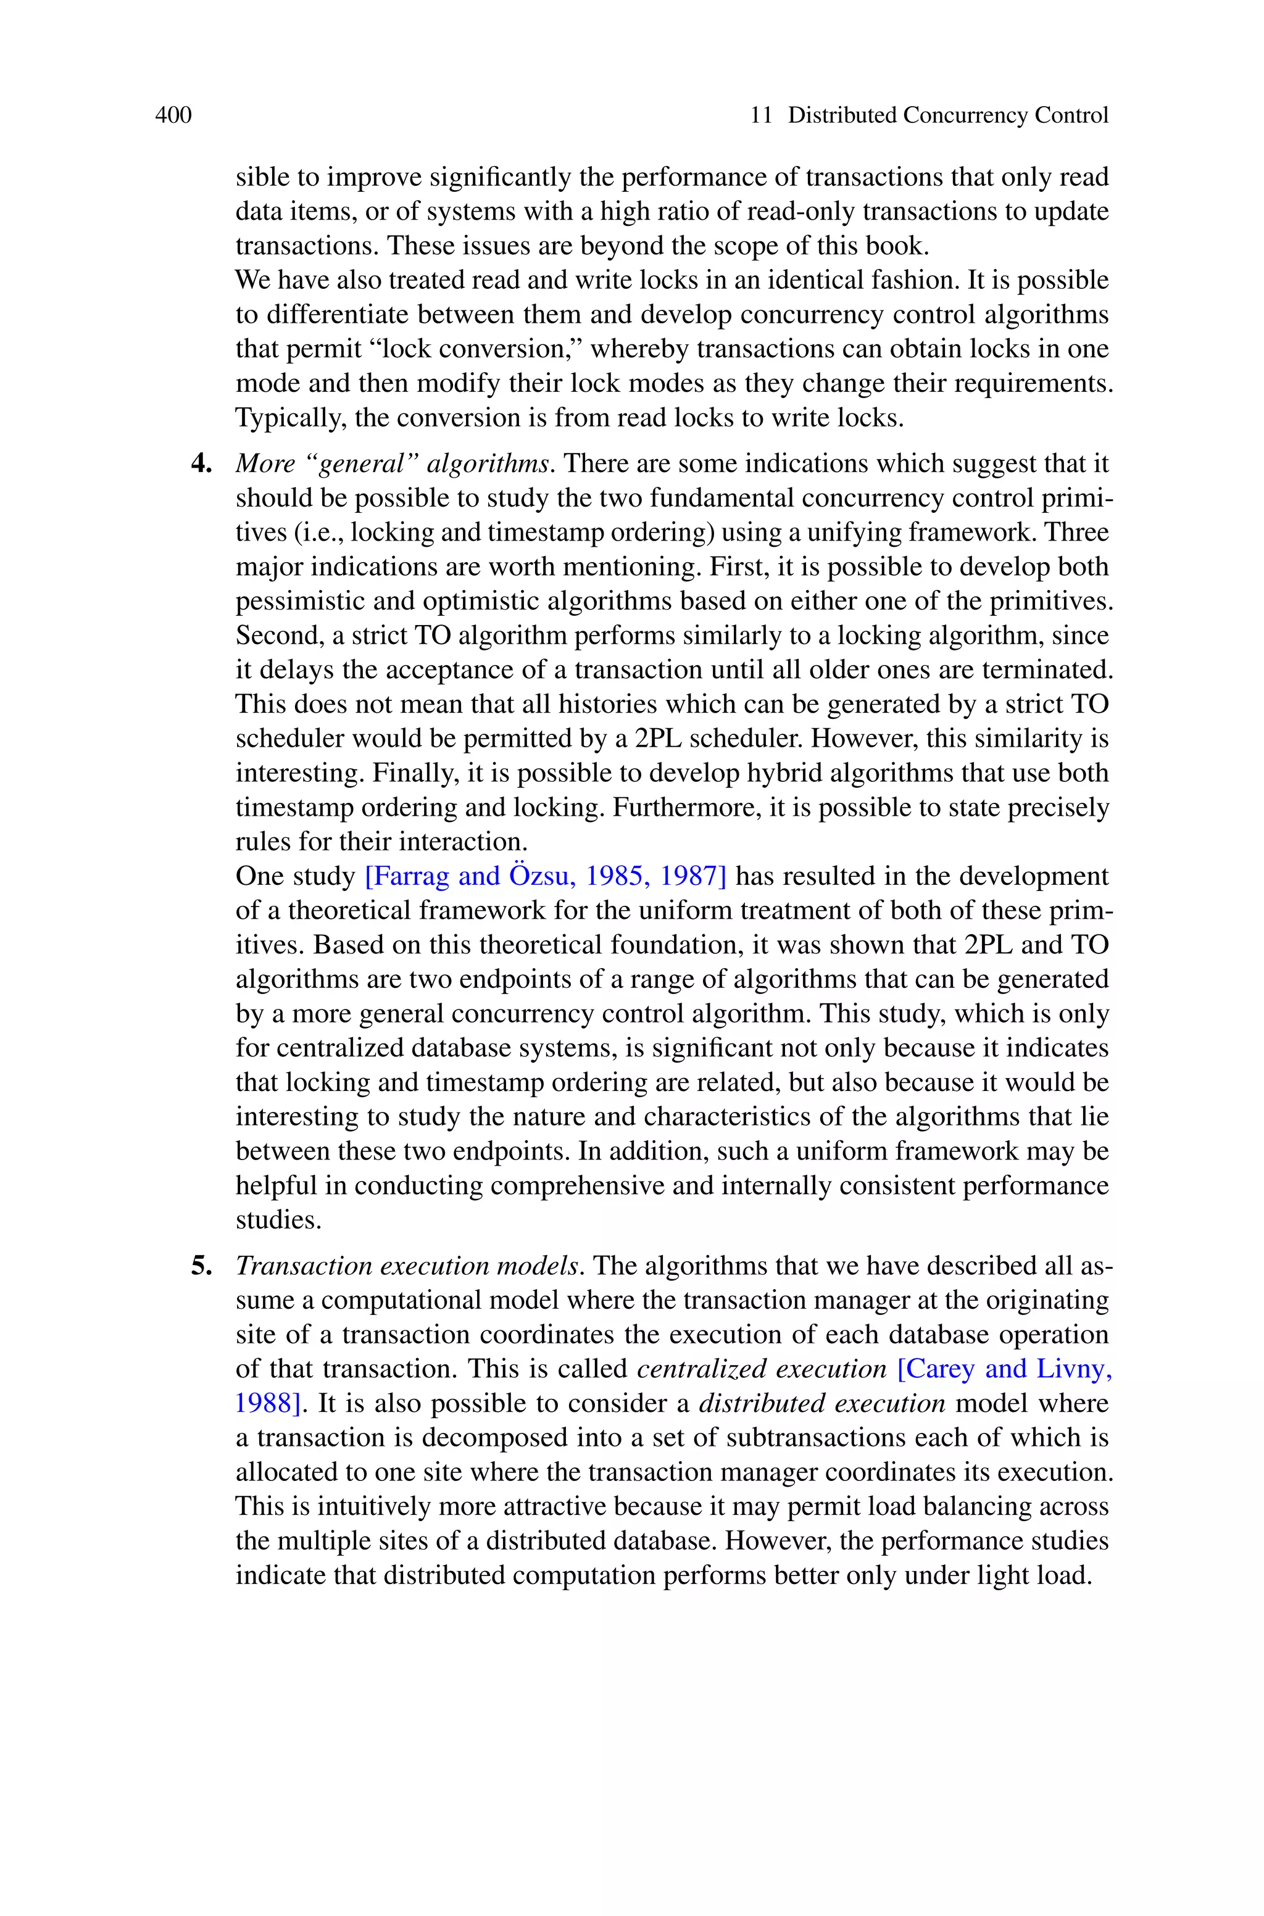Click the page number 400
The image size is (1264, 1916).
click(173, 116)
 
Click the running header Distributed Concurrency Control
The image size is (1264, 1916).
click(947, 116)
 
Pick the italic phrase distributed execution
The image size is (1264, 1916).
click(821, 1404)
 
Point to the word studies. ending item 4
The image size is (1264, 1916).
click(278, 1220)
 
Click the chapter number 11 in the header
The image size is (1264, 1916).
click(761, 116)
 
